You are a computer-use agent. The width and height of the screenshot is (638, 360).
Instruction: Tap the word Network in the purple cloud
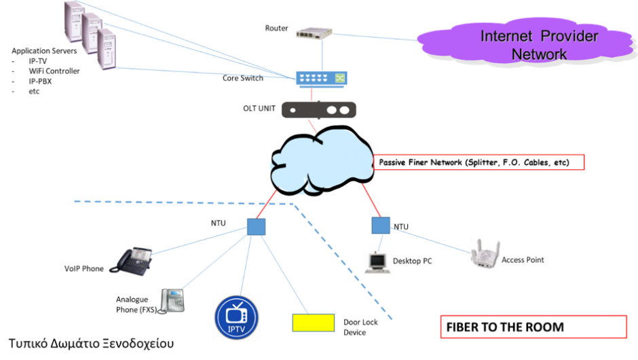(x=540, y=54)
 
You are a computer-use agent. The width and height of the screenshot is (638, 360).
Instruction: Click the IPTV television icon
(x=237, y=318)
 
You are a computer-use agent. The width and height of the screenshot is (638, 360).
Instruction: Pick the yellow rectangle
(x=313, y=323)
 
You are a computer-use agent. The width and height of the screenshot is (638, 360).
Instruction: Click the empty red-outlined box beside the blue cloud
(x=478, y=162)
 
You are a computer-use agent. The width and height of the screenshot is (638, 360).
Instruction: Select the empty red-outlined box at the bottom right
(x=533, y=327)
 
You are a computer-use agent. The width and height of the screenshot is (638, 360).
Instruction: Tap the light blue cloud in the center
(x=319, y=163)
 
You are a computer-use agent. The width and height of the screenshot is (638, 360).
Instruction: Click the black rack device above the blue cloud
(x=318, y=110)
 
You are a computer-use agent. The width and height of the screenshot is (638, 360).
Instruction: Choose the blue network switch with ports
(x=321, y=79)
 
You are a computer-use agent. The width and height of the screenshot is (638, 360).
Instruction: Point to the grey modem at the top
(x=315, y=33)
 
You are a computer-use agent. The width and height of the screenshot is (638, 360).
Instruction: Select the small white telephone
(x=171, y=301)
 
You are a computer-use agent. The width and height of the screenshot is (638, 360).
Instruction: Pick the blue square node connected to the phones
(x=257, y=227)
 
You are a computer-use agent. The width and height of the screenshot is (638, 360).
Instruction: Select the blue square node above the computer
(x=381, y=226)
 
